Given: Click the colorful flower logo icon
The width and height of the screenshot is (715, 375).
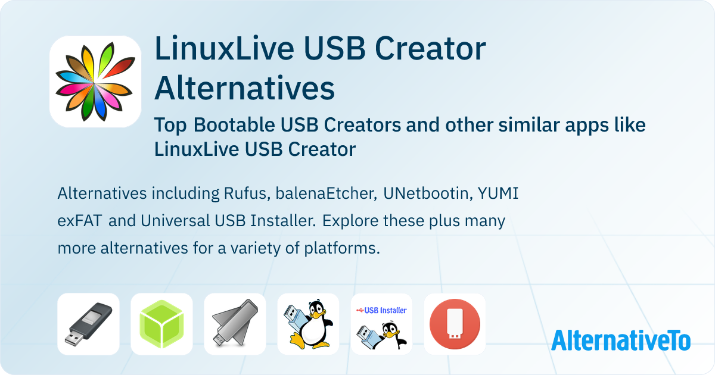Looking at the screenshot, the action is point(95,82).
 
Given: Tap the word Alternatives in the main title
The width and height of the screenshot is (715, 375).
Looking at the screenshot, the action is point(244,88).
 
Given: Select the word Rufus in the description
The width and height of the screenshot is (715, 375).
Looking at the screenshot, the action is point(247,193).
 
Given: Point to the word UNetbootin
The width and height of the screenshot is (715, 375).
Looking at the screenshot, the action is point(428,193).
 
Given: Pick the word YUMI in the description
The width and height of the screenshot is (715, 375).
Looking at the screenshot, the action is point(498,193).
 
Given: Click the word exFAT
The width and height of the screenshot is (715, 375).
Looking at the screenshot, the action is point(80,221).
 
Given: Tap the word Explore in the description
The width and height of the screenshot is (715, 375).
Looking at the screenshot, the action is point(350,221).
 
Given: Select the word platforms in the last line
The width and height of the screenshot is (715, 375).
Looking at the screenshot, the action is point(342,249).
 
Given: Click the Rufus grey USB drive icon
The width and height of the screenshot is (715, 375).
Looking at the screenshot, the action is point(88,324).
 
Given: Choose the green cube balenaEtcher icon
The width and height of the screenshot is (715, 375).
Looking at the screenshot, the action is point(161,324).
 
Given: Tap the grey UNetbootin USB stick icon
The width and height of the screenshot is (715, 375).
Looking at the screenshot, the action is point(235,324).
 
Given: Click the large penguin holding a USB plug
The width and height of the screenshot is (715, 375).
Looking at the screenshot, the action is point(308,324).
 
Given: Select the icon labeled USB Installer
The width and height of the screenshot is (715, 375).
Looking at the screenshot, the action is point(381,324).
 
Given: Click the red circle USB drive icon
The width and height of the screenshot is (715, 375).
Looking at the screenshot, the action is point(455,324).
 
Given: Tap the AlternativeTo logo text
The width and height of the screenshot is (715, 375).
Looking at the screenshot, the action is point(621,340).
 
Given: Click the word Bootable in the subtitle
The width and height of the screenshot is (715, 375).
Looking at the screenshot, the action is point(234,124).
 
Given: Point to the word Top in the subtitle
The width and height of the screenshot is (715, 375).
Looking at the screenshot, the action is point(170,125).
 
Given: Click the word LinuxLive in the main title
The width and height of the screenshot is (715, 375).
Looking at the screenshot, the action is point(224,48).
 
